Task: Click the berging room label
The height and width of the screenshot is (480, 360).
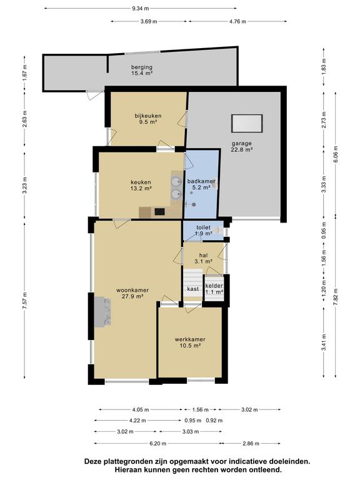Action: pos(142,70)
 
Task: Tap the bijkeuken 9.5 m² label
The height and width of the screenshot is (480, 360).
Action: pos(148,119)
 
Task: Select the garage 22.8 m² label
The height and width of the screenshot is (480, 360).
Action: pos(241,146)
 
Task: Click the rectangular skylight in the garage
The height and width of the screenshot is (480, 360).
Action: pos(247,123)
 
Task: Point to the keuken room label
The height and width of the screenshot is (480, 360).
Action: pos(141,185)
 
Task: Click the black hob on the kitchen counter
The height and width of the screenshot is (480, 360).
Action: pos(159,211)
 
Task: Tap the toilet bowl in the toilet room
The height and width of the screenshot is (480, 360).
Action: pos(218,229)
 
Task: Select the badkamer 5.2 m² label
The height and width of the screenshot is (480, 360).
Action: pos(201,184)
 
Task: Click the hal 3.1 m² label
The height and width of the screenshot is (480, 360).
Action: pos(204,258)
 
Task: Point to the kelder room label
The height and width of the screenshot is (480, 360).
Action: pos(214,289)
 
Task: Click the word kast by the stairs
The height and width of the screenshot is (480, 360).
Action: pos(193,289)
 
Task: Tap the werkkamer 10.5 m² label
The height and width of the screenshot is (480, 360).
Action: pos(190,342)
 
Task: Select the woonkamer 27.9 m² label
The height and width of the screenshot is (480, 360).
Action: pos(132,293)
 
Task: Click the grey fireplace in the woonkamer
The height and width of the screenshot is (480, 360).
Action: pos(102,312)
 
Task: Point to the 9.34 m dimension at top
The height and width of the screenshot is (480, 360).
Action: pos(141,9)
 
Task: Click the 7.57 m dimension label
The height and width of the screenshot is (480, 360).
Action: pos(25,301)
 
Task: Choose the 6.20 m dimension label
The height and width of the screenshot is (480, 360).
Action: pos(157,443)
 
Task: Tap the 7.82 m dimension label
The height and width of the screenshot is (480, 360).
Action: pos(336,297)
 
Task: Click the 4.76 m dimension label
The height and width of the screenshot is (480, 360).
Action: pos(237,21)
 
